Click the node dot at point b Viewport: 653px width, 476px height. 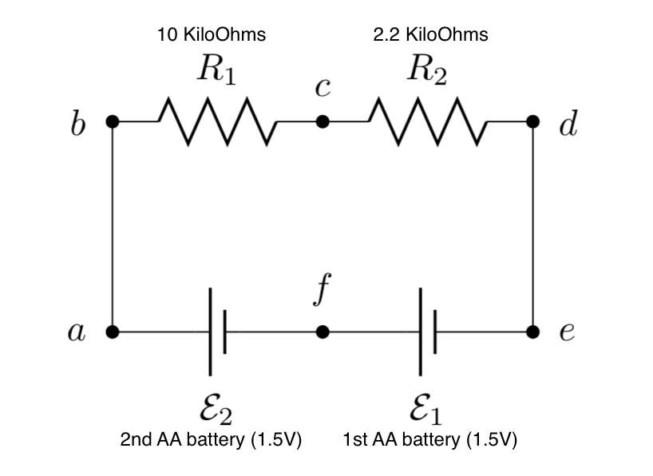(113, 121)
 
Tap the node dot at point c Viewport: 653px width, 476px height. (323, 121)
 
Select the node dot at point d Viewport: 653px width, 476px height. (533, 121)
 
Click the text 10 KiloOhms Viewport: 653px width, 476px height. (212, 34)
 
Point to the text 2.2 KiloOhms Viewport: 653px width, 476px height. (430, 34)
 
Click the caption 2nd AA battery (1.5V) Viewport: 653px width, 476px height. (211, 440)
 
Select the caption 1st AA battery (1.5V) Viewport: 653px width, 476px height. (430, 440)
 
